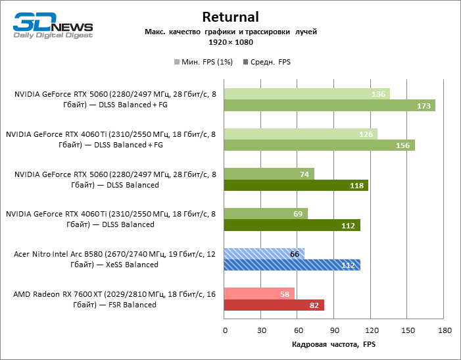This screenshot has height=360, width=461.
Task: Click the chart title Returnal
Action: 230,17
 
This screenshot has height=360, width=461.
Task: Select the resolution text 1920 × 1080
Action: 230,41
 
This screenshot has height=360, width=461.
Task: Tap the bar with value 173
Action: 329,105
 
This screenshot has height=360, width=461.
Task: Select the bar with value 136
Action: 307,94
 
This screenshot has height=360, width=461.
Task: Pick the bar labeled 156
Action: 320,145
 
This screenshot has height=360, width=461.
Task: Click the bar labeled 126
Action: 301,134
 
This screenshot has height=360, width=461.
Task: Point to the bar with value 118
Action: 296,186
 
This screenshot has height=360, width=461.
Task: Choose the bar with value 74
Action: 270,174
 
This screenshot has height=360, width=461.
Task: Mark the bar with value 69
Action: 266,214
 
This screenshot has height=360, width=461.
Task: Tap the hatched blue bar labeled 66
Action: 264,254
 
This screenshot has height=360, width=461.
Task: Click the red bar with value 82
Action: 274,305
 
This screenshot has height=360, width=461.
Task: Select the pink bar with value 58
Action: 260,294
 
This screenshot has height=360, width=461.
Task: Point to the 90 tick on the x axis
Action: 335,330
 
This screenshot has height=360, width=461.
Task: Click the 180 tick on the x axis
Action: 445,330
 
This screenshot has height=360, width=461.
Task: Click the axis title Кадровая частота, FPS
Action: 334,344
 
